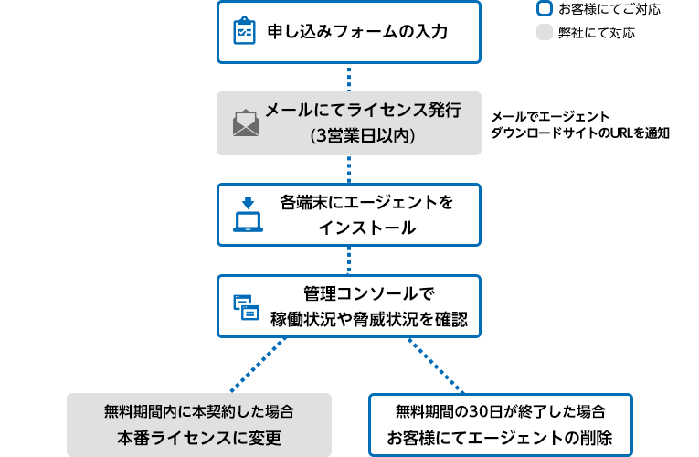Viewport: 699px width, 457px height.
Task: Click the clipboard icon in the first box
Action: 244,32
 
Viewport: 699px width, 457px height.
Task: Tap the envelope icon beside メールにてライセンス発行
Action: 245,123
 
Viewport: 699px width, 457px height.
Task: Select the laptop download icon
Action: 248,215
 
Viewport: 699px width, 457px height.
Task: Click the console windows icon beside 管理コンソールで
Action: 246,306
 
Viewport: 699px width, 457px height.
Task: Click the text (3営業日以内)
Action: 363,135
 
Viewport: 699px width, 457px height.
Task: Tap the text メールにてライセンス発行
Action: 362,111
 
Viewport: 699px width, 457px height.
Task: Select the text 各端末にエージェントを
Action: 366,202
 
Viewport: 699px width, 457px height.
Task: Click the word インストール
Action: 366,227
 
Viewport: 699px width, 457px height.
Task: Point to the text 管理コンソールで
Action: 368,294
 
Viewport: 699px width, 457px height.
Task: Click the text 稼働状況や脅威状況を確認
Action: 368,319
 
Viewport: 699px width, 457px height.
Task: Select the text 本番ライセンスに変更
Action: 198,436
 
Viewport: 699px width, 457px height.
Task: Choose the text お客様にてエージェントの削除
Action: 500,436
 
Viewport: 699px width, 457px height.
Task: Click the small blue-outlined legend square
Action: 544,9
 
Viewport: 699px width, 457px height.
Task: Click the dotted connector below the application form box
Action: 349,76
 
